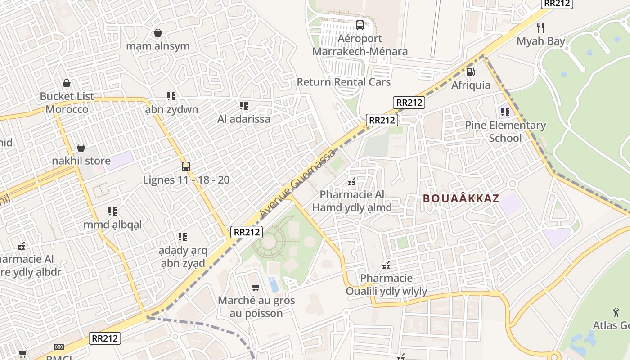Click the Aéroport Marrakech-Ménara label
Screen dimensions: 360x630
[x=360, y=45]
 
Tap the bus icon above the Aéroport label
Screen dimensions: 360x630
[x=360, y=25]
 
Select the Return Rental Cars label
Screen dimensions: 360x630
[x=343, y=82]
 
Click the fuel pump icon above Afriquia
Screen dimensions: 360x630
[x=471, y=72]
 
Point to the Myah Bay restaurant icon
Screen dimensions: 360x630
[x=541, y=28]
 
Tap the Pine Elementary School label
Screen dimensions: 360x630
[x=505, y=131]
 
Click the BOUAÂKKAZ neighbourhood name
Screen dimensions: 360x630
[x=461, y=198]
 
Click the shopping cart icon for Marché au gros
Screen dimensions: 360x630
[x=256, y=287]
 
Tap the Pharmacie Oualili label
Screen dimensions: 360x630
[x=386, y=284]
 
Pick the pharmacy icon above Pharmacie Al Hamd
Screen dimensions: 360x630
[x=352, y=182]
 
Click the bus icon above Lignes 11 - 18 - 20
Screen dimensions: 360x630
[x=186, y=166]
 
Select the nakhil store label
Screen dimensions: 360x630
[x=81, y=161]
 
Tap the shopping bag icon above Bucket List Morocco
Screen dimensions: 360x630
[x=67, y=83]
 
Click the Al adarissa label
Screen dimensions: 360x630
[x=244, y=119]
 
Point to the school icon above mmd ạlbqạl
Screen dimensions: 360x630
[x=112, y=211]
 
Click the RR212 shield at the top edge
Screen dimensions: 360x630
[x=556, y=3]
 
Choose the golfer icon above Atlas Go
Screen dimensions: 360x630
[x=616, y=312]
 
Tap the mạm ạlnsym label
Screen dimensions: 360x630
[x=158, y=46]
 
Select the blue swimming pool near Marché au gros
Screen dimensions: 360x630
[x=273, y=284]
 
